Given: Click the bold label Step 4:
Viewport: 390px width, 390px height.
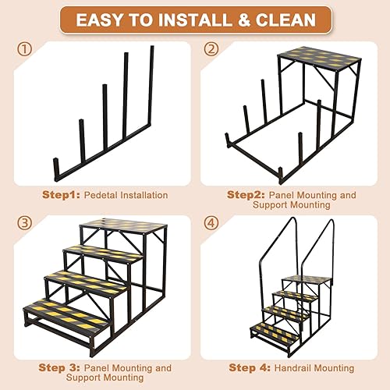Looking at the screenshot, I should pyautogui.click(x=249, y=367).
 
